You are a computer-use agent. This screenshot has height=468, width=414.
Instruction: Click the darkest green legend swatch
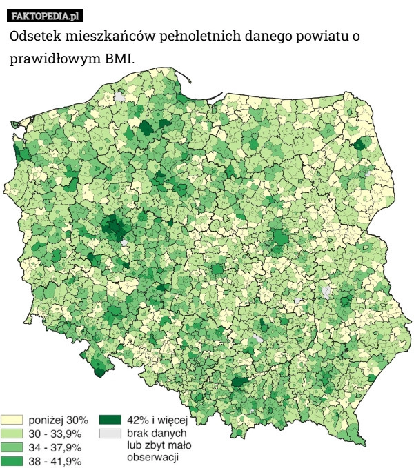tap(110, 420)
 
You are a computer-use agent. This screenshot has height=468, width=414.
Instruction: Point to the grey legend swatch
tap(110, 434)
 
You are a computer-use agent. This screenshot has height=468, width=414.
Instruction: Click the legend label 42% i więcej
tap(157, 420)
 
